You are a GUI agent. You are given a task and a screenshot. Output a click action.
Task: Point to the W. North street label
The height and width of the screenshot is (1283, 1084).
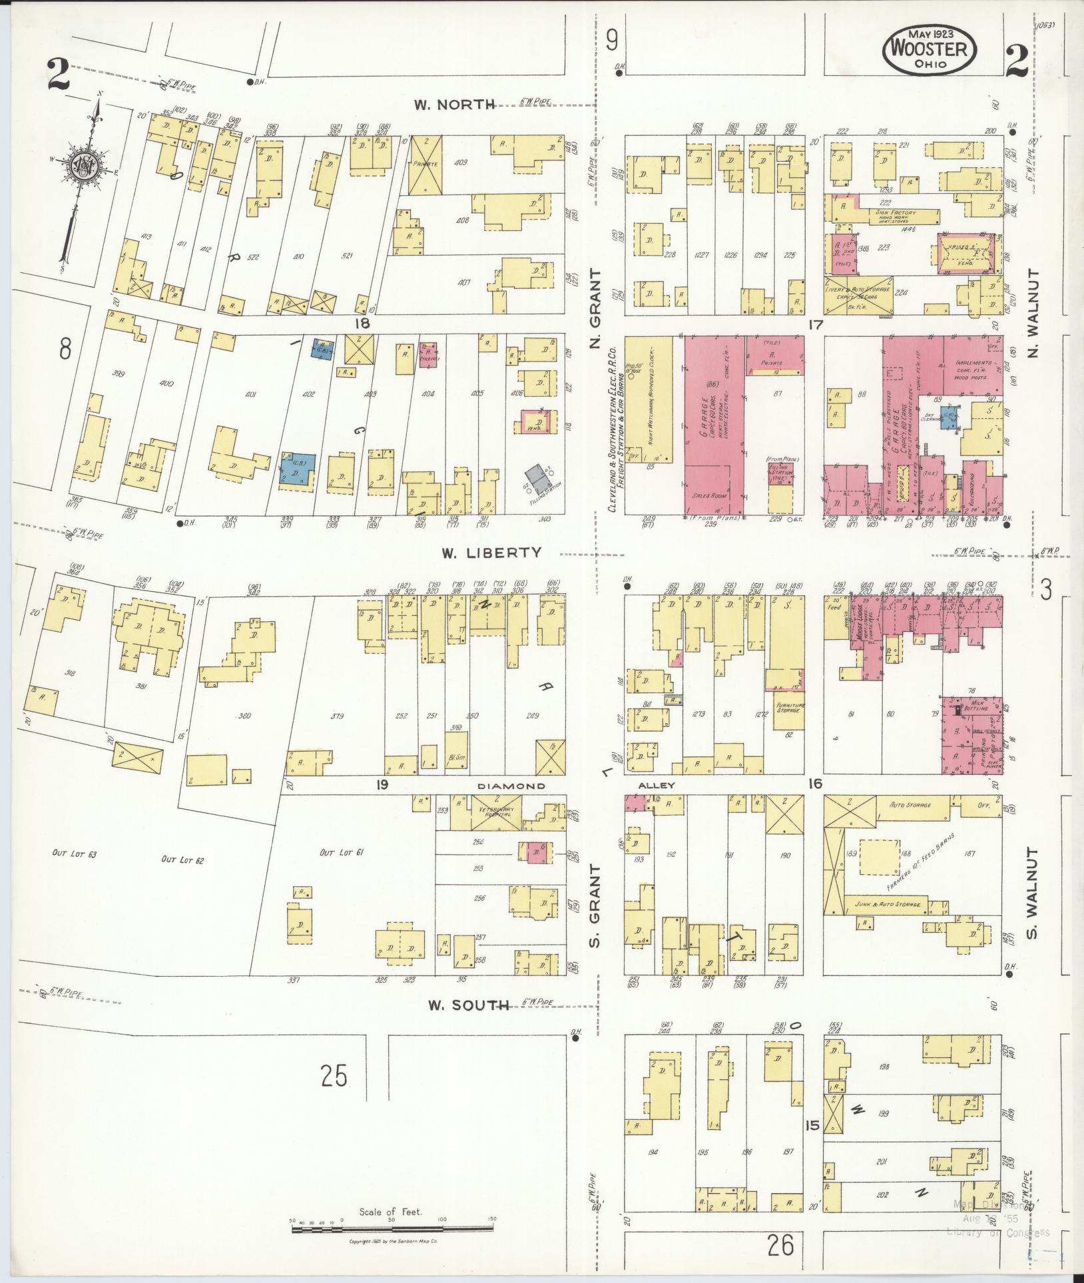point(455,104)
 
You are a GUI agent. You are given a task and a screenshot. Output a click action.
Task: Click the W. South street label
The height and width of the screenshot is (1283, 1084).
point(462,1005)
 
